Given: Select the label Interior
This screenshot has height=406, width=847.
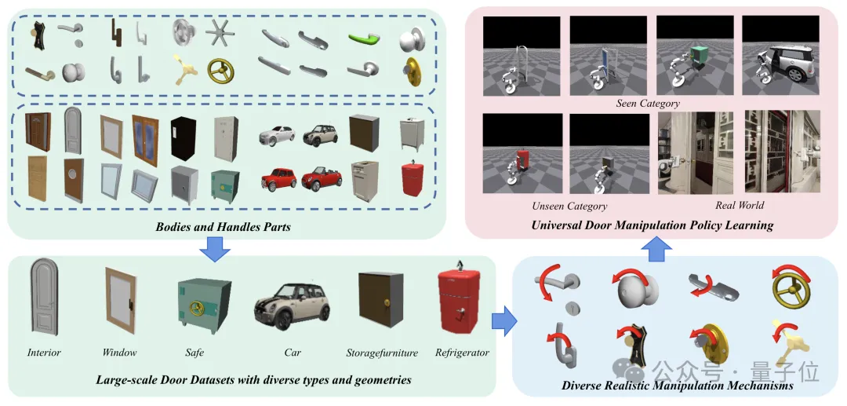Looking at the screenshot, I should tap(44, 353).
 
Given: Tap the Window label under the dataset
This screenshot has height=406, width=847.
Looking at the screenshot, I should tap(119, 353).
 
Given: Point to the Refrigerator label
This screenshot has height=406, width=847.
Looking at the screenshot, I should tap(462, 353).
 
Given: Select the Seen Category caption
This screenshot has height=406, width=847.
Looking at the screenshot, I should tap(649, 103).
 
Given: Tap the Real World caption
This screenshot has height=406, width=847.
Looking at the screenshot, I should tap(740, 206).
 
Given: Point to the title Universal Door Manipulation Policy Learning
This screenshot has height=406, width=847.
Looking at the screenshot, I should tap(652, 225).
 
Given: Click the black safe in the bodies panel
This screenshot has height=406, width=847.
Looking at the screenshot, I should tap(185, 135).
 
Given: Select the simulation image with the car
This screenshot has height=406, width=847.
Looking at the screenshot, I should tap(780, 56).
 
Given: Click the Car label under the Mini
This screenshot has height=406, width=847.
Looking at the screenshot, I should tap(292, 353).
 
